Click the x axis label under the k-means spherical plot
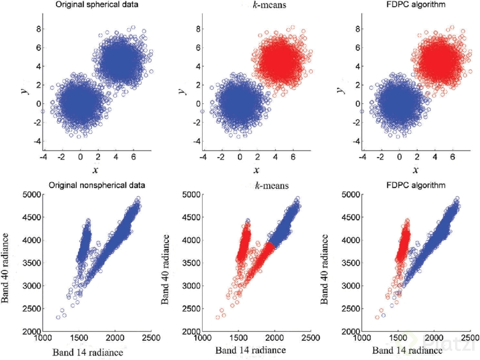(x=256, y=170)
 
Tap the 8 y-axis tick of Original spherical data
(x=34, y=28)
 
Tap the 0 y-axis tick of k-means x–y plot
(x=194, y=103)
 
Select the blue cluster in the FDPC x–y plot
(x=400, y=104)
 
